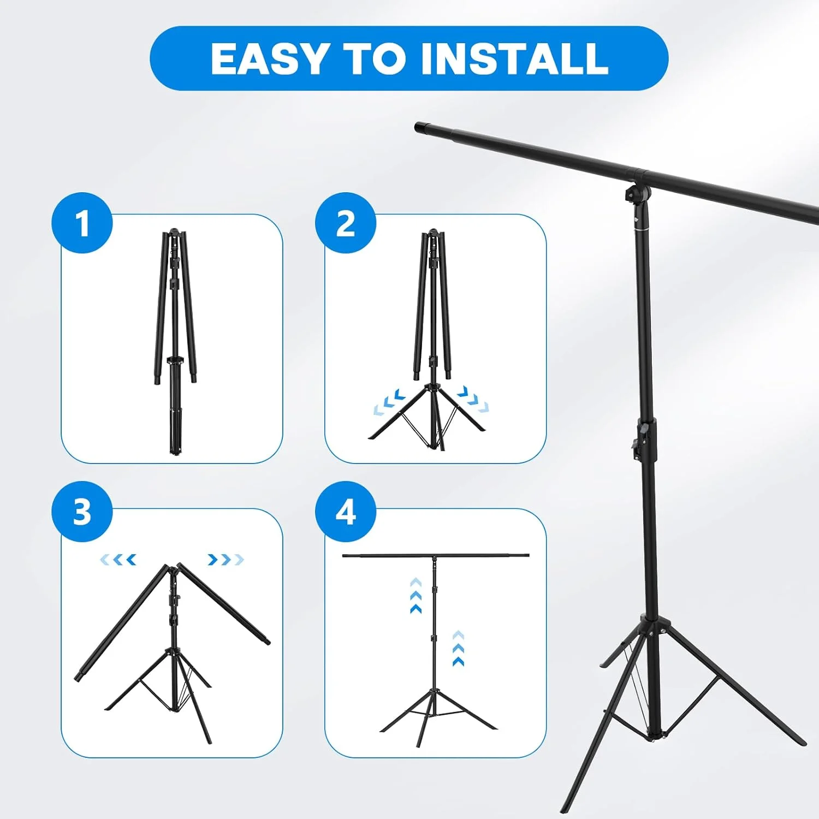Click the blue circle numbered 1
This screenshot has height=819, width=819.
82,223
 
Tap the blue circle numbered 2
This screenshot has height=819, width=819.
346,223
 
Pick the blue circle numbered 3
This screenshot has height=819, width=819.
82,512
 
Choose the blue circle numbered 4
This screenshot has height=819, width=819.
346,512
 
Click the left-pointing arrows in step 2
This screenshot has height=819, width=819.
389,402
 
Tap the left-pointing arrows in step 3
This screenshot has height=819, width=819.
118,560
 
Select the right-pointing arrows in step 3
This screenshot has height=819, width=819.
225,560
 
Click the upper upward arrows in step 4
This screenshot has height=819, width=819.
416,596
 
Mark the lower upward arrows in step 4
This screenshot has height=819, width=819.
459,648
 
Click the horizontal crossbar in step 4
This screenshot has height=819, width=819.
436,556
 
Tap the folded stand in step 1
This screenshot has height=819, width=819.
175,341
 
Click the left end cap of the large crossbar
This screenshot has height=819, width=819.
422,128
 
